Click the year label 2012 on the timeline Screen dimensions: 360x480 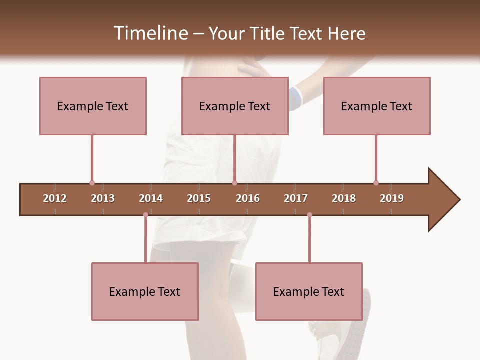(x=55, y=198)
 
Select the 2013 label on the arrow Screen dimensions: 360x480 (x=103, y=198)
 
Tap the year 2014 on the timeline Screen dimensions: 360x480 (x=151, y=198)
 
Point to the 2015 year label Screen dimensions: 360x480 (x=199, y=198)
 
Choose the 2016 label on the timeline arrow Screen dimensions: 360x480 (x=248, y=198)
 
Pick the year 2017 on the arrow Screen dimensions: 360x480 (x=296, y=198)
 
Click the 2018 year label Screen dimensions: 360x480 (x=344, y=198)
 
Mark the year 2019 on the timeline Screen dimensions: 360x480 (x=392, y=198)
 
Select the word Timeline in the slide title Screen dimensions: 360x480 (x=150, y=33)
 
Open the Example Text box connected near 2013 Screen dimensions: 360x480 (x=93, y=106)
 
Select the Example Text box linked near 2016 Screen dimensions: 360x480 (x=235, y=106)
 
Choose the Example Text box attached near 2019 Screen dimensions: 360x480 (x=377, y=106)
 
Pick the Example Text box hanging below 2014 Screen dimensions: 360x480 (x=145, y=291)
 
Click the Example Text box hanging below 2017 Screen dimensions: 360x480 (x=309, y=291)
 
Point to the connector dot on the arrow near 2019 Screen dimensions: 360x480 (x=376, y=183)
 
